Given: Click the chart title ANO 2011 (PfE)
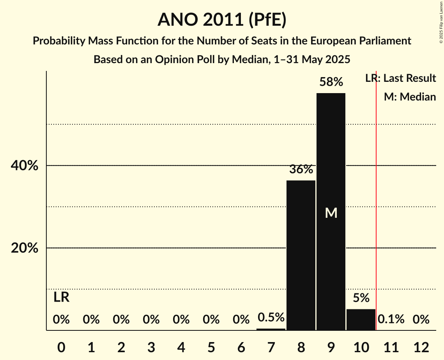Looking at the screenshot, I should pos(222,19).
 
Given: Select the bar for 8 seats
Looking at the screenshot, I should pos(301,255).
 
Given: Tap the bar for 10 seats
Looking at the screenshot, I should pos(361,319).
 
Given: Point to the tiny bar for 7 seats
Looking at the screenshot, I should pos(271,329).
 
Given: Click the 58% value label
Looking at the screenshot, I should pos(331,82).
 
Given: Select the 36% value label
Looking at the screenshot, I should pos(301,169).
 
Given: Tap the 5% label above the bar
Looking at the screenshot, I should pos(361,298).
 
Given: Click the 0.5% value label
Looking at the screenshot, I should pos(271,318).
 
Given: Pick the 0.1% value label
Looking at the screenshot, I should pos(391,319).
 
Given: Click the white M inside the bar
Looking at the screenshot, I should pos(331,213).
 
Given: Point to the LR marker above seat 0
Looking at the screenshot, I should pos(61,297).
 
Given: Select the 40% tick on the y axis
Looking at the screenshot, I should pos(25,166).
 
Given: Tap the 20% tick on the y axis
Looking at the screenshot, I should pos(25,248).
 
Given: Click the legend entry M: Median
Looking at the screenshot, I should pos(410,97).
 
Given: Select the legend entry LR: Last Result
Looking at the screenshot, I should pos(400,78).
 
